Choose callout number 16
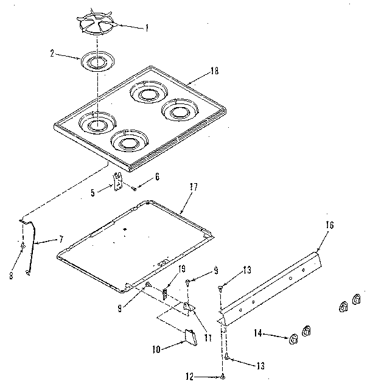click(330, 225)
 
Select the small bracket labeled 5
click(118, 181)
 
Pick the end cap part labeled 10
click(189, 337)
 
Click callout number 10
click(156, 350)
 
